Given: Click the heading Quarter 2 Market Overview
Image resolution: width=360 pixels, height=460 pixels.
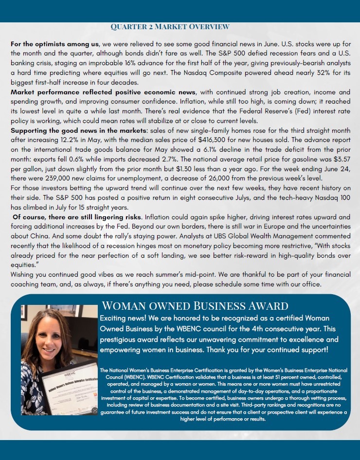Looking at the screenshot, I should point(170,26).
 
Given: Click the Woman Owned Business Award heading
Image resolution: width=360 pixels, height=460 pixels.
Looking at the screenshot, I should point(194,306).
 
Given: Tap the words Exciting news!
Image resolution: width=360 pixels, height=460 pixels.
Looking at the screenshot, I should point(121,318).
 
